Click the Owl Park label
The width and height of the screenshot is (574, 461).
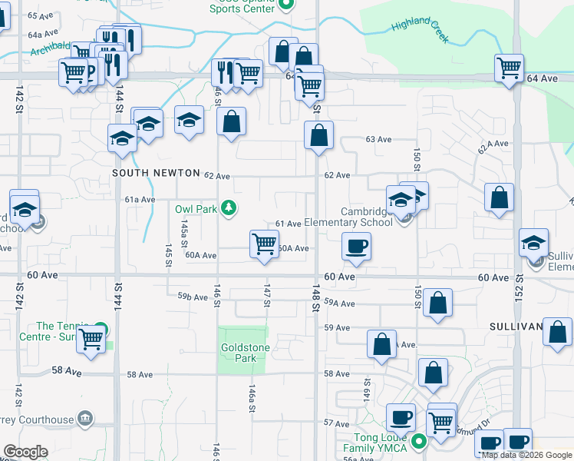click(x=195, y=208)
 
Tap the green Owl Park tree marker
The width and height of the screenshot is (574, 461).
click(x=228, y=207)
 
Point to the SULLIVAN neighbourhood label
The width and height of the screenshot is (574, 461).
click(x=516, y=327)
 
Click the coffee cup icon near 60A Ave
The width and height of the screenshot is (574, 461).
click(x=356, y=247)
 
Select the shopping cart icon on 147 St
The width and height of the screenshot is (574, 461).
click(x=264, y=244)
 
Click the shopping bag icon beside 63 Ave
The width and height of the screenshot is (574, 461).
click(x=318, y=135)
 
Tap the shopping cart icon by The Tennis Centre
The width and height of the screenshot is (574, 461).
click(x=91, y=337)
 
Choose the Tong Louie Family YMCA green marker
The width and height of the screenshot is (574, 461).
click(x=418, y=442)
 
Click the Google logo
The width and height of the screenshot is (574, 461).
click(x=25, y=452)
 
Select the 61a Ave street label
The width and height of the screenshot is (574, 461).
click(x=140, y=199)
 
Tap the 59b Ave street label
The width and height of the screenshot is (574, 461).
click(x=193, y=297)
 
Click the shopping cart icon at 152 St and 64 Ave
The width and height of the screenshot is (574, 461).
click(x=509, y=68)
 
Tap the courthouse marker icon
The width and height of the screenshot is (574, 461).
click(x=85, y=419)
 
